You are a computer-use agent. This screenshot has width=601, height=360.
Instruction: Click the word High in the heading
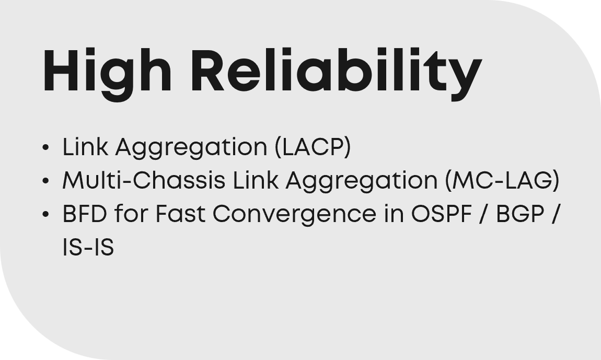click(107, 74)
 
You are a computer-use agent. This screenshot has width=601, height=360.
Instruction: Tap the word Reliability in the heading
click(336, 74)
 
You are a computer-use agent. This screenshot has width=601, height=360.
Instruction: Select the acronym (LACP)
click(313, 147)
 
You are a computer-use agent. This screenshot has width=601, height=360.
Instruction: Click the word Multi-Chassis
click(144, 180)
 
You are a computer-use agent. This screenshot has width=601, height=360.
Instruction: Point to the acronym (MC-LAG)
click(503, 181)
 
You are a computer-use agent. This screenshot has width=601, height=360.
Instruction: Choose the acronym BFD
click(85, 214)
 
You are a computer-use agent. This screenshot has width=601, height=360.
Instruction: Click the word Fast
click(180, 214)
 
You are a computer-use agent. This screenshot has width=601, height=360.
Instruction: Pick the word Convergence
click(294, 215)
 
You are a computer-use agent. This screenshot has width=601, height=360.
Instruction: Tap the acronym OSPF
click(441, 214)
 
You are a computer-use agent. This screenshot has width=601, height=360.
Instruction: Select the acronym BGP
click(520, 214)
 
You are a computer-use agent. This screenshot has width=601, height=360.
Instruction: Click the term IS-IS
click(88, 247)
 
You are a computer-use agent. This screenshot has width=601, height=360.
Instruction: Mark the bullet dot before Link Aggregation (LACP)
click(45, 147)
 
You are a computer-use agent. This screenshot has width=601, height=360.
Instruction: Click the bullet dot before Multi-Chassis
click(45, 181)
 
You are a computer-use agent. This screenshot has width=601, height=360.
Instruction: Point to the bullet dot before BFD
click(45, 214)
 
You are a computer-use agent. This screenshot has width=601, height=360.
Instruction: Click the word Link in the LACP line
click(85, 146)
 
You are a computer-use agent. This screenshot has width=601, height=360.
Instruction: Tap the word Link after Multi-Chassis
click(256, 180)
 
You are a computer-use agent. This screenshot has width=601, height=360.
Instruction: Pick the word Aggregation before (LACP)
click(191, 148)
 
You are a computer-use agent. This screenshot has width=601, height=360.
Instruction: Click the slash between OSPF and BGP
click(484, 214)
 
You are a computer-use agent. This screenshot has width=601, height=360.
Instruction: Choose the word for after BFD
click(131, 214)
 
